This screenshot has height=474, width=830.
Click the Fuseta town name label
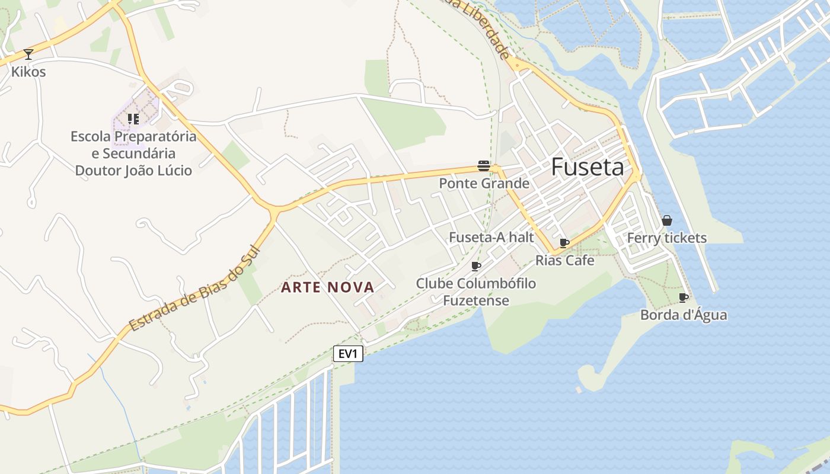click(588, 168)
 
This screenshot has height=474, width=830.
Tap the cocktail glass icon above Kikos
click(28, 55)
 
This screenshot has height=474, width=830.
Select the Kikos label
click(28, 72)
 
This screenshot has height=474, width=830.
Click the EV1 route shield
click(348, 354)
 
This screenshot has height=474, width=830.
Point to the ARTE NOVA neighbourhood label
click(328, 287)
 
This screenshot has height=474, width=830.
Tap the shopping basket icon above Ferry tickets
click(667, 220)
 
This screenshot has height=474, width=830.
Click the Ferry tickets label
click(667, 238)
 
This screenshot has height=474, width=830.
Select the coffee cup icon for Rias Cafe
click(564, 243)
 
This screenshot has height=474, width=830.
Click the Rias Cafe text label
click(565, 260)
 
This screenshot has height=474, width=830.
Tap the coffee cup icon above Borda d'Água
click(683, 297)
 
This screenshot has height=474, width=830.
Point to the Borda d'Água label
click(684, 315)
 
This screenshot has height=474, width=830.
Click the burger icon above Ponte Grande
click(484, 166)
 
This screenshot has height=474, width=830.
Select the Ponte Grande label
click(484, 184)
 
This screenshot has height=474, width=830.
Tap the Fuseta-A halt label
click(491, 238)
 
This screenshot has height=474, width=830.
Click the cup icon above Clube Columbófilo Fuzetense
click(475, 266)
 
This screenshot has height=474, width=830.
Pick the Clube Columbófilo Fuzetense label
click(476, 292)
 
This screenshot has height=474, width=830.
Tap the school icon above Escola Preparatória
click(133, 119)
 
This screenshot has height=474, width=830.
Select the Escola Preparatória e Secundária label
click(133, 153)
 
